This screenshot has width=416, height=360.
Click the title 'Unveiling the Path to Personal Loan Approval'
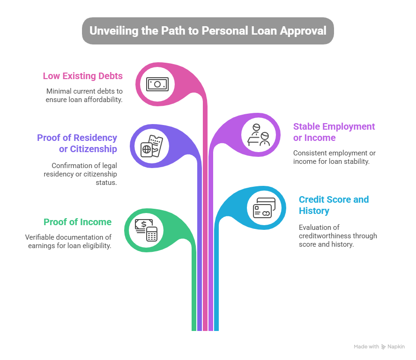tap(208, 31)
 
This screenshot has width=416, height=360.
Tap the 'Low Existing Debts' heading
tap(82, 76)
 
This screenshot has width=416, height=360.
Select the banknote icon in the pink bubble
tap(157, 84)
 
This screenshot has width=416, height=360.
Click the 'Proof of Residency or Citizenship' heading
tap(77, 143)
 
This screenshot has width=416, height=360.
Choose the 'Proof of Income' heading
tap(77, 222)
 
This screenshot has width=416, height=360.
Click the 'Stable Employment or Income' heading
tap(334, 132)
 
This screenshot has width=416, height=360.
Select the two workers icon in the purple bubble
tap(259, 135)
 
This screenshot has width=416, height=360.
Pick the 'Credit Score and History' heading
tap(334, 205)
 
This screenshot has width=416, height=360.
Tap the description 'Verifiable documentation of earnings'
tap(68, 241)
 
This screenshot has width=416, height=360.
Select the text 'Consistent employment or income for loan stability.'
tap(334, 157)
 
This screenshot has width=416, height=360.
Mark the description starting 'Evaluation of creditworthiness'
tap(338, 236)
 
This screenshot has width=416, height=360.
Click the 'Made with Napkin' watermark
tap(379, 347)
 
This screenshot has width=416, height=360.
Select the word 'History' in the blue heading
tap(314, 211)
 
